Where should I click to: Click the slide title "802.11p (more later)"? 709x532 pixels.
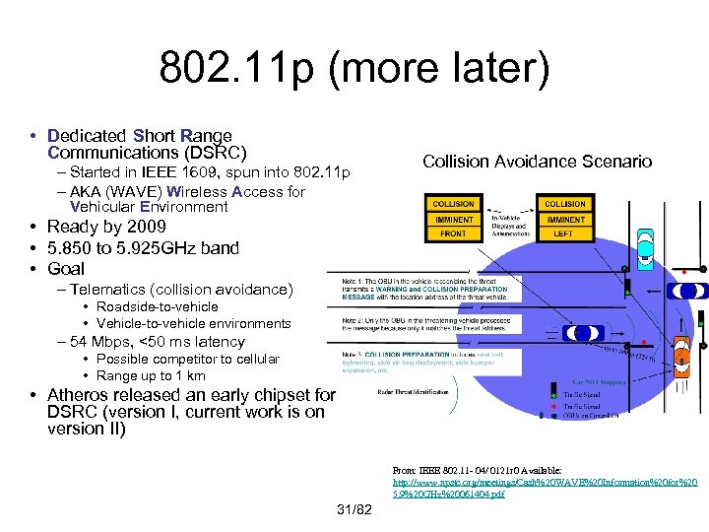point(354,70)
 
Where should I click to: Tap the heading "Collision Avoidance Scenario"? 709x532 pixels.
point(537,162)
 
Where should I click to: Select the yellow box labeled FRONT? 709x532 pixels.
point(453,234)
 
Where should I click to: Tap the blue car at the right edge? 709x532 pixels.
point(686,291)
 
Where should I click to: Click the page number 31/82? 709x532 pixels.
point(354,509)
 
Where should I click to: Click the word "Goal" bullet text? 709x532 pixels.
point(66,268)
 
